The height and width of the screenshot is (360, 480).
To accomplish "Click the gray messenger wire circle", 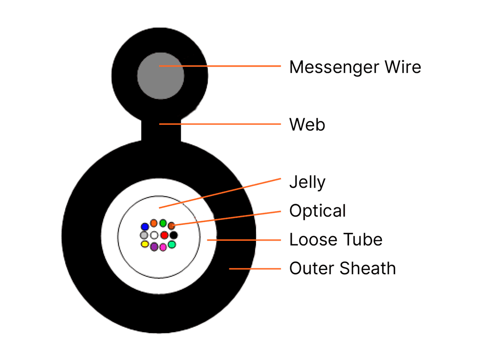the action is pos(160,76).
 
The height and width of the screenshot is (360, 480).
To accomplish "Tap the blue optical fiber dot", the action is pos(145,227).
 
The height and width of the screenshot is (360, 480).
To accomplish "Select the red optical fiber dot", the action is pos(164,235).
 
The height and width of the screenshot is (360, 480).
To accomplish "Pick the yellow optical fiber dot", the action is pos(145,244).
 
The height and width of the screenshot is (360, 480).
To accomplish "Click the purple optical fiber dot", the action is pos(154,247).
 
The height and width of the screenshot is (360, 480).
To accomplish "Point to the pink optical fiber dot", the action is pos(163,247).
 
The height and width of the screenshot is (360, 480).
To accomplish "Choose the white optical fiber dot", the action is pos(154,235).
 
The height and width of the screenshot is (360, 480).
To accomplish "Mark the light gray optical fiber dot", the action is pos(144,235).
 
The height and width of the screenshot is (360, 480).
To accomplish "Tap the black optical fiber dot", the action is pos(174,235).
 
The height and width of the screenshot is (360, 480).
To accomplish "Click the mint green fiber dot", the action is pos(172,244).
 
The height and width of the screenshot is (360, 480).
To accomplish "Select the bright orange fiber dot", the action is pos(154,223).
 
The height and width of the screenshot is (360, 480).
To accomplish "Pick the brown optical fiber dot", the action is pos(172,226).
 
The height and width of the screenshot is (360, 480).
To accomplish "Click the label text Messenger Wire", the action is pos(355,68).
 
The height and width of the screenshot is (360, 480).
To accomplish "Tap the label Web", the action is pos(307,124).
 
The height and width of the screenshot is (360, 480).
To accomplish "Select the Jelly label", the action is pos(308,183).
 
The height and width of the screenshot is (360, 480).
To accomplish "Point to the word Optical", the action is pos(318,211).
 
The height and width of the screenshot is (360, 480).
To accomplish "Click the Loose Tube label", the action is pos(336,240).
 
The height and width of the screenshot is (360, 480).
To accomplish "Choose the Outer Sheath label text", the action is pos(343,268).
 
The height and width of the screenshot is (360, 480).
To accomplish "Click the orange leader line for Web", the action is pos(220,124).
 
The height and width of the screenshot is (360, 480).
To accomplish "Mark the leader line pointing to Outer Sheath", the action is pos(255,269).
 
